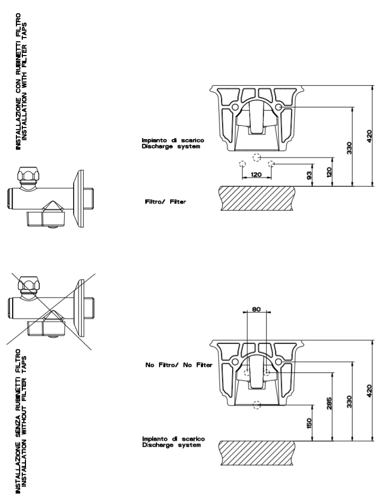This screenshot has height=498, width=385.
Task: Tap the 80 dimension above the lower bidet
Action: (x=257, y=310)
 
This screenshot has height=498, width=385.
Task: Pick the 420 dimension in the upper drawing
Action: (x=369, y=136)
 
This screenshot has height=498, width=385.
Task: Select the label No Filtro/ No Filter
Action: (x=179, y=365)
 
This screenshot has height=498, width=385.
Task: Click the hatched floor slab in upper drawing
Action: (x=258, y=199)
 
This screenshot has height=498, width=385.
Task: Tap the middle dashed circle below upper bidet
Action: (x=257, y=158)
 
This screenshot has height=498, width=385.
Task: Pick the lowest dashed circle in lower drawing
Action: (x=257, y=405)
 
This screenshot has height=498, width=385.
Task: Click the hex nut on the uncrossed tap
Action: (x=27, y=175)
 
